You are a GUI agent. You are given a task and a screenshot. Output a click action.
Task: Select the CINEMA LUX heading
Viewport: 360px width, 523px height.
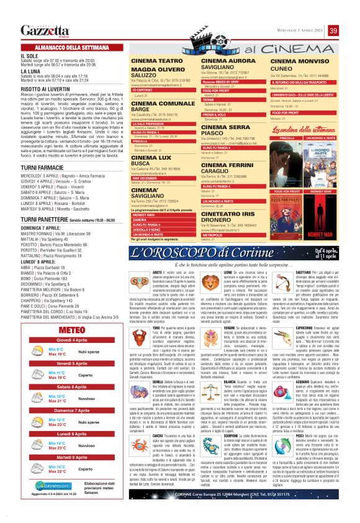[x=152, y=158]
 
